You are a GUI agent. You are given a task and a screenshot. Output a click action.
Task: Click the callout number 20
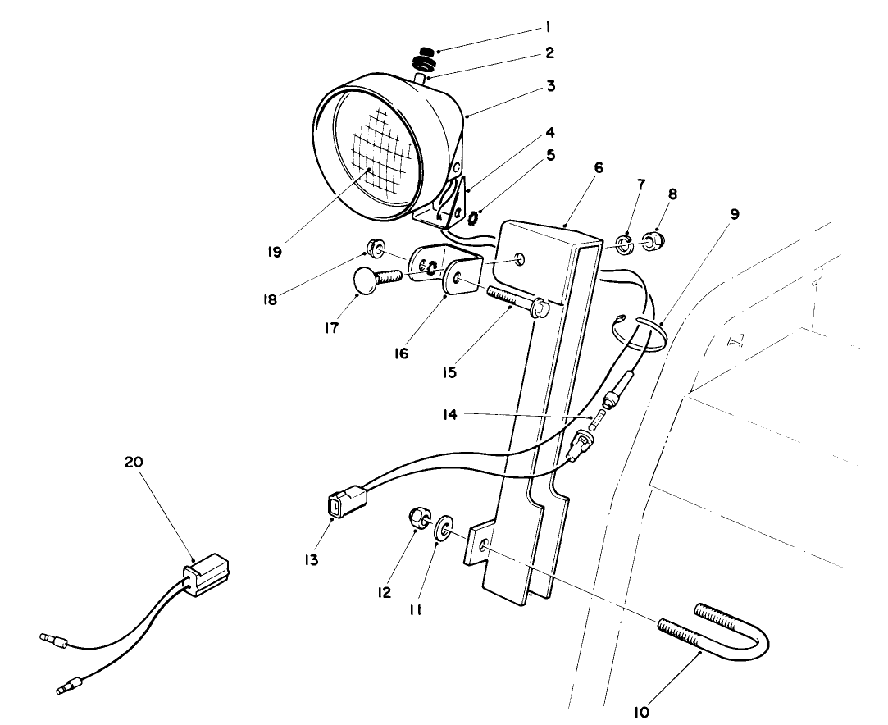pos(134,462)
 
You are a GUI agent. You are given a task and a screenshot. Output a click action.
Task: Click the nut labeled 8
pos(651,242)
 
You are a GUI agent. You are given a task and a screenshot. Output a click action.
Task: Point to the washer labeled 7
pos(624,243)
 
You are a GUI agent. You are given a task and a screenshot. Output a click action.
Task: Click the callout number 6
pos(599,166)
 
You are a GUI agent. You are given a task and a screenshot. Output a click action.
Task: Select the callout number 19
pos(275,252)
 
